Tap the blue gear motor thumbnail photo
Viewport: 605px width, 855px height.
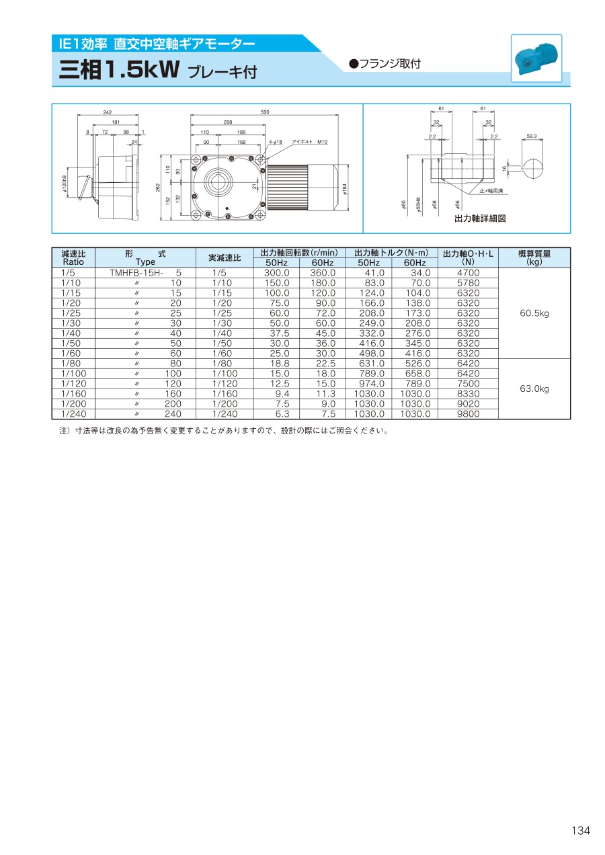pyautogui.click(x=536, y=58)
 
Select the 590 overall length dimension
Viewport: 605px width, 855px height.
pyautogui.click(x=265, y=112)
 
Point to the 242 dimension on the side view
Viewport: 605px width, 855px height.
pyautogui.click(x=108, y=112)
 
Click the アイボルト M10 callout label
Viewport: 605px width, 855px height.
pyautogui.click(x=310, y=142)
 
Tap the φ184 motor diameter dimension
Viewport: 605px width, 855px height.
pyautogui.click(x=345, y=189)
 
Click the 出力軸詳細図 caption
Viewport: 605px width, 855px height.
pyautogui.click(x=480, y=218)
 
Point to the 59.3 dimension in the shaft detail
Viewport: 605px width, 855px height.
pyautogui.click(x=531, y=136)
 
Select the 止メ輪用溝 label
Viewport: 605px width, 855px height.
pyautogui.click(x=491, y=190)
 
